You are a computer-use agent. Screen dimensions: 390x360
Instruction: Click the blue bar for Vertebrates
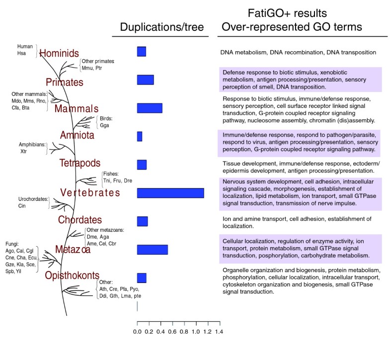[x=170, y=193]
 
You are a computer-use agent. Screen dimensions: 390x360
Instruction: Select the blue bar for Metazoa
[x=152, y=250]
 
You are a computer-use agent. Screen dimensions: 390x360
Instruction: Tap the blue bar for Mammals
[x=150, y=108]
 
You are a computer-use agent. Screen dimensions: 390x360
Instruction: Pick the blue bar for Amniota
[x=140, y=136]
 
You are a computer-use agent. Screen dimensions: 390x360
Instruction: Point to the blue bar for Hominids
[x=142, y=52]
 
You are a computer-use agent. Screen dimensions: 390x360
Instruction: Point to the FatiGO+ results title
[x=302, y=13]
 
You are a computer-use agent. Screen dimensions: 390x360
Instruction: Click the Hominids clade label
[x=59, y=53]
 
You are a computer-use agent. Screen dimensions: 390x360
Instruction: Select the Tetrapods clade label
[x=79, y=163]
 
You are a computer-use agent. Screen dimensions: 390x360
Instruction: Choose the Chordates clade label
[x=79, y=219]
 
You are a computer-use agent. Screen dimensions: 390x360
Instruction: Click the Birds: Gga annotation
[x=106, y=122]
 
